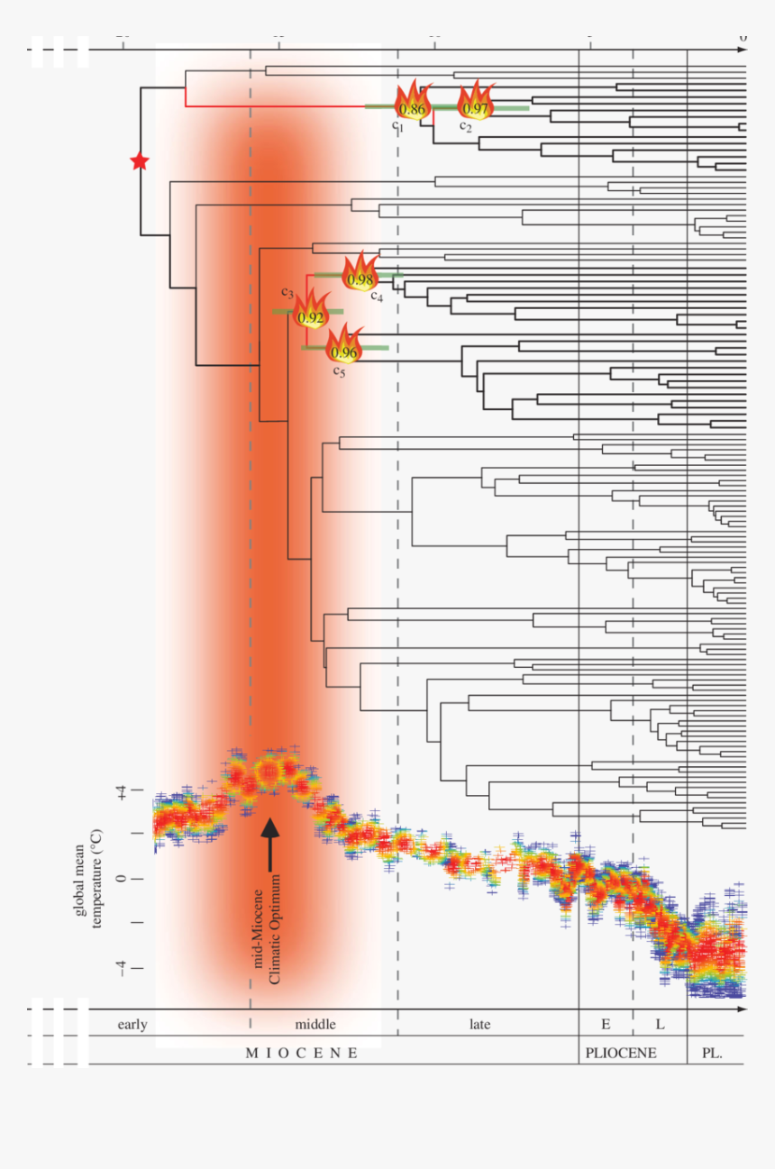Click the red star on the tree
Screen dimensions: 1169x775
click(x=139, y=161)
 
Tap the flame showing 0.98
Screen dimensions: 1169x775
click(x=360, y=273)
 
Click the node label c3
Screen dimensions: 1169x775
click(x=287, y=292)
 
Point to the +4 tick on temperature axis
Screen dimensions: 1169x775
click(x=121, y=791)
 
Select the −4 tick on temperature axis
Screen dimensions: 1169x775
click(x=121, y=967)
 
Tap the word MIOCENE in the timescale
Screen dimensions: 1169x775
click(x=302, y=1053)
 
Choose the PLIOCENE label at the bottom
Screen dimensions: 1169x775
click(x=621, y=1053)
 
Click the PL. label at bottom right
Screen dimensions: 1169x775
click(x=712, y=1053)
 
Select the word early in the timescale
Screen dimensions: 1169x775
click(x=132, y=1024)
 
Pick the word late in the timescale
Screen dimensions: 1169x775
click(x=480, y=1024)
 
